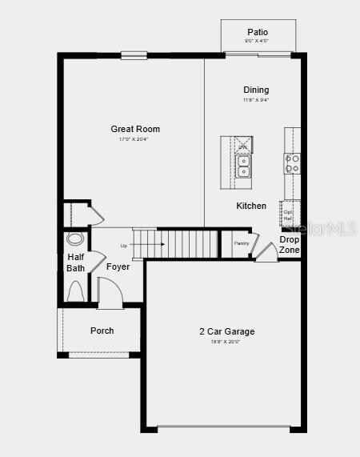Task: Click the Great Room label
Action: pos(135,129)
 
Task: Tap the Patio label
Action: pos(258,32)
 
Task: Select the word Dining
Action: pos(256,90)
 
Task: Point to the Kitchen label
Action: pos(251,206)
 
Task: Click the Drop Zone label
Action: pos(290,245)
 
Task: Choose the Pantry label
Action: pos(242,243)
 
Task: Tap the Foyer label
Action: pos(118,267)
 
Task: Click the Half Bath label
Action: pos(75,263)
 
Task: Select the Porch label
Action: pos(102,331)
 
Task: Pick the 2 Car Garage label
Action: pos(227,331)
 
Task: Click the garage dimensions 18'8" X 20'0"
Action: pos(227,342)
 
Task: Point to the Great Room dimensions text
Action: pos(134,139)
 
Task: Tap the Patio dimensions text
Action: pos(258,41)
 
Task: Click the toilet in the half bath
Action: pos(76,293)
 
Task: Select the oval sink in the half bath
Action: pos(75,239)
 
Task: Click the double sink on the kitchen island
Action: pos(242,166)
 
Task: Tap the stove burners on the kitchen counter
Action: pos(292,164)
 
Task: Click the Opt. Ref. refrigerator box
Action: pos(289,214)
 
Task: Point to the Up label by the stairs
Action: pos(124,246)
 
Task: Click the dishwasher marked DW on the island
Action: pos(242,146)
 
